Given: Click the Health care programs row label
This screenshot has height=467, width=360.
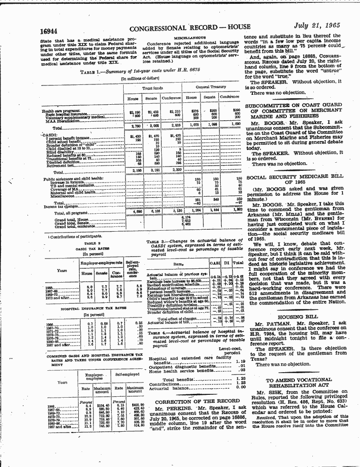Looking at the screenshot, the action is pyautogui.click(x=61, y=110).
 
